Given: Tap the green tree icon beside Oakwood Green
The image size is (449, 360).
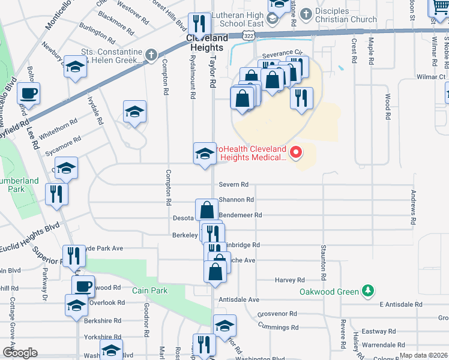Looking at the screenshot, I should [368, 292].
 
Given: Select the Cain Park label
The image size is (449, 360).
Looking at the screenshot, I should [151, 291].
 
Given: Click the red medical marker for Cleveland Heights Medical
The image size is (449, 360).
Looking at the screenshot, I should [295, 154].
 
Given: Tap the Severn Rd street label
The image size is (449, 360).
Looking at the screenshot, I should [234, 185].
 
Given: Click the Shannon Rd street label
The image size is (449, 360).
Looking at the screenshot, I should [236, 200].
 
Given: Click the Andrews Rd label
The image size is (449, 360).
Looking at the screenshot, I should [413, 208].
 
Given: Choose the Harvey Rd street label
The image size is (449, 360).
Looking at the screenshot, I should [291, 280].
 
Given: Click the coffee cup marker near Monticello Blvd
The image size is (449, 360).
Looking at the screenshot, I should [28, 93].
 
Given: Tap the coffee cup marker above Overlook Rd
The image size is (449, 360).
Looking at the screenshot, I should [83, 286].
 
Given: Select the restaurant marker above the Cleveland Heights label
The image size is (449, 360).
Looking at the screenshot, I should [199, 24].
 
